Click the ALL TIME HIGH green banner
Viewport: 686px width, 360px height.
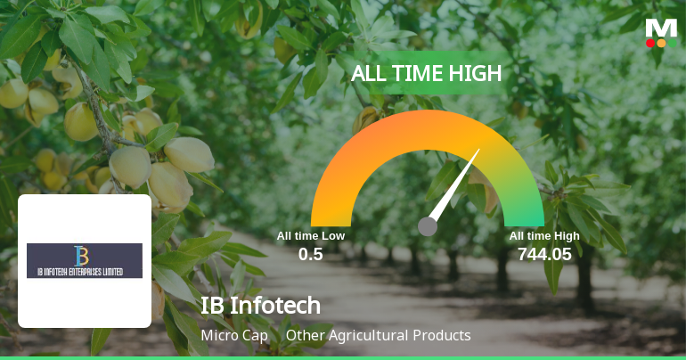(x=426, y=74)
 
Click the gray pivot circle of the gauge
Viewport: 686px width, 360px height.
(x=428, y=226)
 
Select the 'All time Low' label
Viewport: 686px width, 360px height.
(x=310, y=236)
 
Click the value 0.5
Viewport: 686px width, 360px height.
(x=310, y=254)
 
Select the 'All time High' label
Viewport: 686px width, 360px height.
(x=544, y=236)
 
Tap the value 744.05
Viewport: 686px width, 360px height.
(x=544, y=254)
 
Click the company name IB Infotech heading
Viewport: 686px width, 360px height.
(x=260, y=306)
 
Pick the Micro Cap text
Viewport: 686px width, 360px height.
(x=231, y=336)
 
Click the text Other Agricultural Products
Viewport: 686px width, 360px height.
(x=378, y=336)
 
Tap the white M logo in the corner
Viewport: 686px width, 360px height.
(x=661, y=27)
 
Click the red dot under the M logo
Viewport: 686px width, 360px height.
(x=650, y=43)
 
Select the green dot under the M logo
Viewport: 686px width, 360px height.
(x=673, y=43)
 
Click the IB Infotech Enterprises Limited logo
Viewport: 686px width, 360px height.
(x=85, y=260)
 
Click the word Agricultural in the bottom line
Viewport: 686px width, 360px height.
(x=377, y=336)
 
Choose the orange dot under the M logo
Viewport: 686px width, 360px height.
(x=661, y=43)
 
